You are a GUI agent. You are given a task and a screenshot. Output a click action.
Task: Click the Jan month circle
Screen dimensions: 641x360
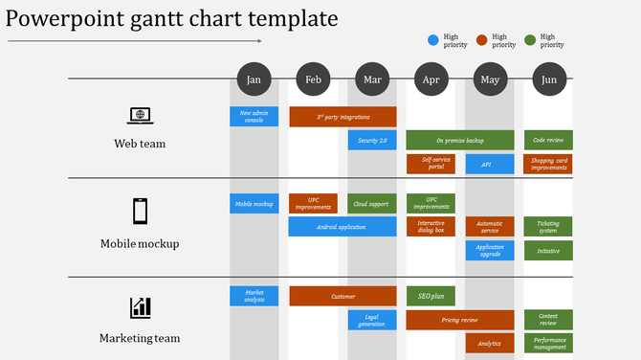pyautogui.click(x=254, y=80)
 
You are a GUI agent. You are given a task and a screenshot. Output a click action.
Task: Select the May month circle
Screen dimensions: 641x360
pyautogui.click(x=490, y=80)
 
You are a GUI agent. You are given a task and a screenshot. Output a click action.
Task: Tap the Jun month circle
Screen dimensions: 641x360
pyautogui.click(x=548, y=80)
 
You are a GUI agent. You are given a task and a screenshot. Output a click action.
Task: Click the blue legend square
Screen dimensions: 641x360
pyautogui.click(x=433, y=40)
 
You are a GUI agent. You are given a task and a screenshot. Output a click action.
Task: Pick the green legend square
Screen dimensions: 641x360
pyautogui.click(x=530, y=40)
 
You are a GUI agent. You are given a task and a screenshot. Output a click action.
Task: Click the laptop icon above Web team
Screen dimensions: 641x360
pyautogui.click(x=140, y=116)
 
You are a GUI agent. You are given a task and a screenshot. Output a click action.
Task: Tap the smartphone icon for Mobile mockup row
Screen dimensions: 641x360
pyautogui.click(x=140, y=211)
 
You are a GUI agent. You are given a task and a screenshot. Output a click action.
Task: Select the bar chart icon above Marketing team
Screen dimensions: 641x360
pyautogui.click(x=140, y=307)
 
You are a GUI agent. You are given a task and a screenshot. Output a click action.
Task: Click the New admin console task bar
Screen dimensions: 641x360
pyautogui.click(x=254, y=117)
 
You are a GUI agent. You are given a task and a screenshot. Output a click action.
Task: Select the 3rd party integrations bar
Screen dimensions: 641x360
pyautogui.click(x=343, y=117)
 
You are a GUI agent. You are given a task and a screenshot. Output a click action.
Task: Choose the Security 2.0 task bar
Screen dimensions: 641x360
pyautogui.click(x=372, y=141)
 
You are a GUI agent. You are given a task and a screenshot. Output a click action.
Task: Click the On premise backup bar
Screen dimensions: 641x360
pyautogui.click(x=459, y=141)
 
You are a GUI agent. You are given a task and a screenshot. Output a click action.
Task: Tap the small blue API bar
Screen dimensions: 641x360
pyautogui.click(x=490, y=165)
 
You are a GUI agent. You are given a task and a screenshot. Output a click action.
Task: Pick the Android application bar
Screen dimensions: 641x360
pyautogui.click(x=343, y=227)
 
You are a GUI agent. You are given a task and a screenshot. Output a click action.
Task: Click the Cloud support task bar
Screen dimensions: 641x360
pyautogui.click(x=372, y=204)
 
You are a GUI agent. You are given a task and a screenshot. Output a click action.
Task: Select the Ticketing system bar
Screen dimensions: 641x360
pyautogui.click(x=548, y=227)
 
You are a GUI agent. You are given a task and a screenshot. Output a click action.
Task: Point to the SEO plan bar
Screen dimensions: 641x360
pyautogui.click(x=431, y=296)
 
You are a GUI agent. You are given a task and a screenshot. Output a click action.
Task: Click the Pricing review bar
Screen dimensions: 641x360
pyautogui.click(x=459, y=320)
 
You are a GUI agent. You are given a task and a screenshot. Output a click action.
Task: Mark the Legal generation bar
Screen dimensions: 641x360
pyautogui.click(x=372, y=320)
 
